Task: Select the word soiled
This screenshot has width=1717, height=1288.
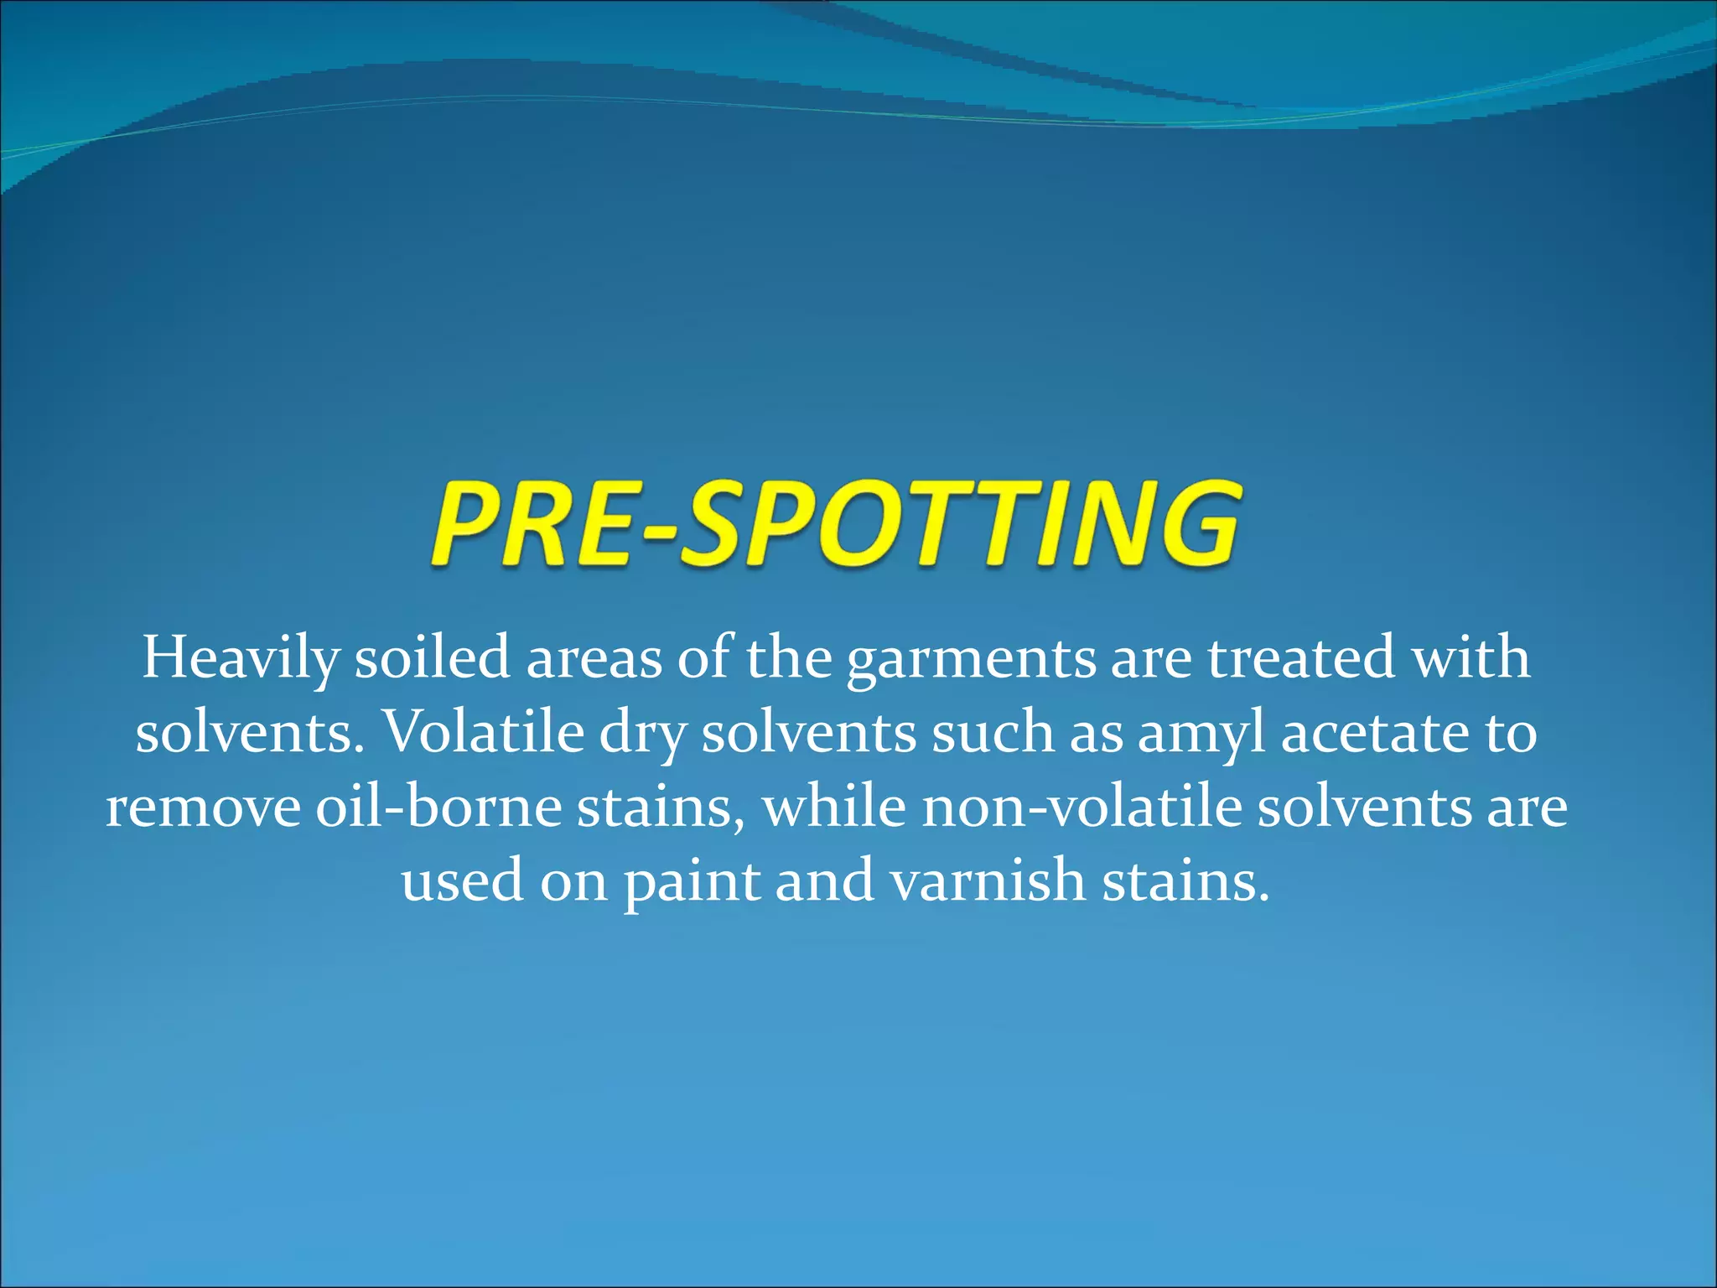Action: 432,657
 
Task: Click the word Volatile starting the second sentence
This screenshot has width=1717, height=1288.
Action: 483,732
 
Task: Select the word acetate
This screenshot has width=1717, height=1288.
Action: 1376,733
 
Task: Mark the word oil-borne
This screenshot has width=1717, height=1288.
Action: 438,807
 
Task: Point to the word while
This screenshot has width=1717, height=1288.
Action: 834,807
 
